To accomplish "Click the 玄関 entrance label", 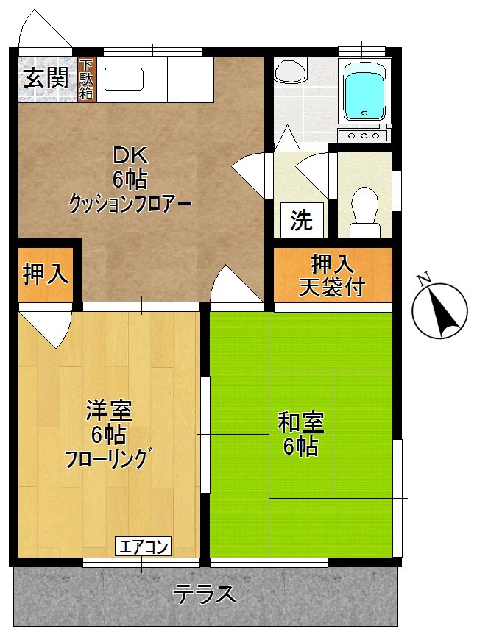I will (46, 77).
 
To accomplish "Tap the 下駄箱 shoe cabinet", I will (87, 79).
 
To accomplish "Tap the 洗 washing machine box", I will (300, 221).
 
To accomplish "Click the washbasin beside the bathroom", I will (289, 71).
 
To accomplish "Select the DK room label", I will (130, 156).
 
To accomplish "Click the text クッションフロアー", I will (130, 202).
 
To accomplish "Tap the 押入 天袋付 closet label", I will (332, 274).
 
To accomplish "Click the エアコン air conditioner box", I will (144, 547).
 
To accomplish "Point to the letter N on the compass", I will (423, 279).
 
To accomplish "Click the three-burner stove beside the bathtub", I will (362, 135).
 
